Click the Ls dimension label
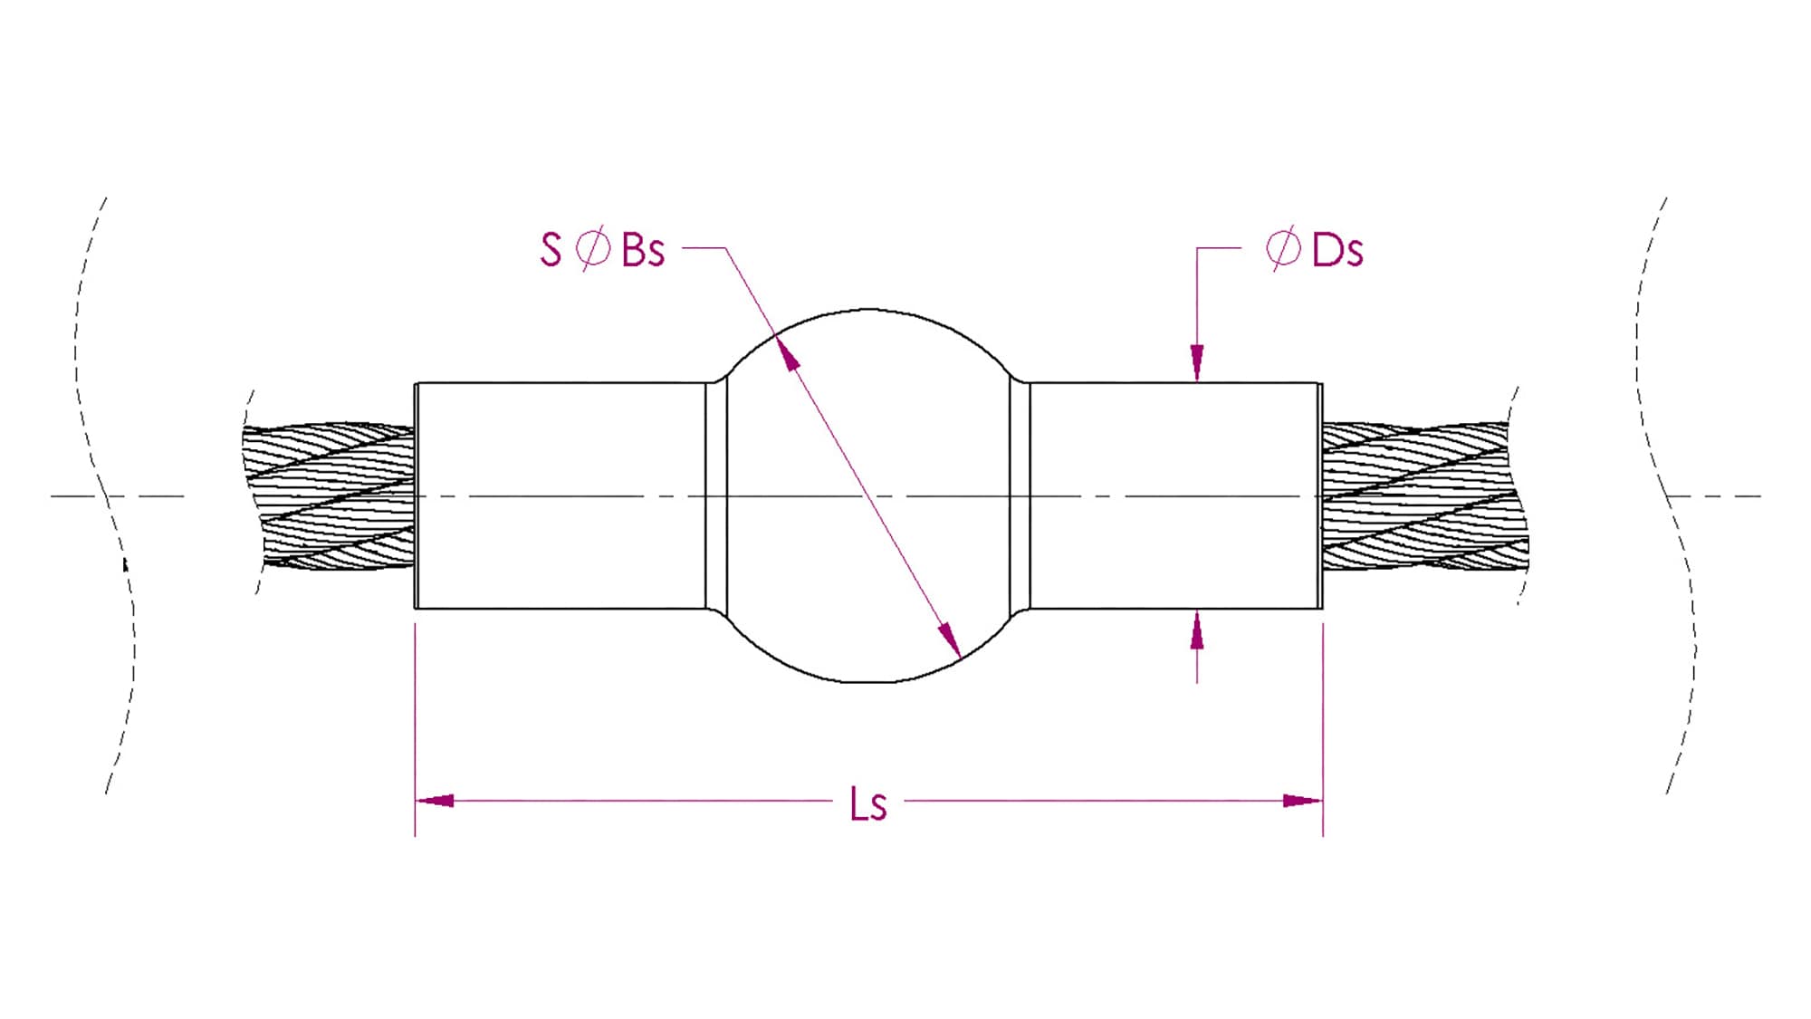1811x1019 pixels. point(868,804)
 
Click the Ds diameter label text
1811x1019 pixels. point(1337,250)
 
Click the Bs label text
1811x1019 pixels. point(643,250)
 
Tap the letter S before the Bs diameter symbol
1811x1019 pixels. point(551,250)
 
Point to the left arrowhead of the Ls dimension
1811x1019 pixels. point(435,801)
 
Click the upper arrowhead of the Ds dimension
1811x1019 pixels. point(1197,363)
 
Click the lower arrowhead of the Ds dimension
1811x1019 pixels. point(1197,630)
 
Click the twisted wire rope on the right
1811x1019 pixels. point(1422,496)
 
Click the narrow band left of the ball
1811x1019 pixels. point(716,496)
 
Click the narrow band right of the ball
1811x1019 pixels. point(1020,496)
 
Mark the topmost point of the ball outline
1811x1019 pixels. point(868,310)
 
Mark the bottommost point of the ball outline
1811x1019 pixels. point(868,682)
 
